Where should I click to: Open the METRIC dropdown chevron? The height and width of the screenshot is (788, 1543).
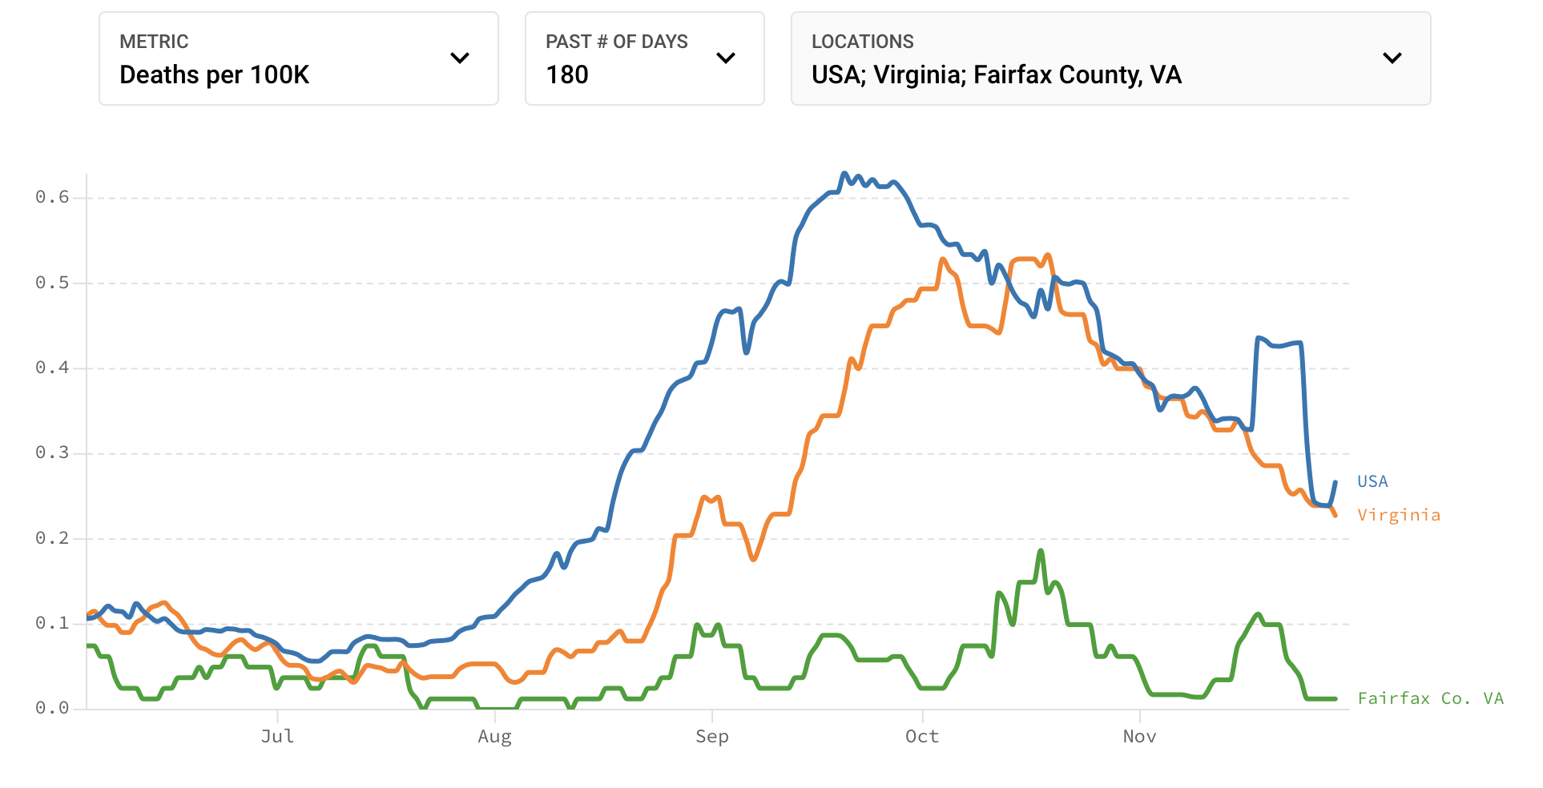pyautogui.click(x=459, y=58)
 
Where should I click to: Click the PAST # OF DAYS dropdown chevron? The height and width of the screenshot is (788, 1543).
pyautogui.click(x=725, y=58)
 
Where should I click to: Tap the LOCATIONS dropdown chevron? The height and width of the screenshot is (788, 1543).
pyautogui.click(x=1392, y=58)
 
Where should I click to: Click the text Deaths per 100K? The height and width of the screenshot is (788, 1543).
pyautogui.click(x=214, y=74)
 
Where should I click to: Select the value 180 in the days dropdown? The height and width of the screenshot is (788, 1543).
pyautogui.click(x=567, y=74)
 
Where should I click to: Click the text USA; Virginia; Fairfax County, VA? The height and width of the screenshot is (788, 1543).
pyautogui.click(x=996, y=74)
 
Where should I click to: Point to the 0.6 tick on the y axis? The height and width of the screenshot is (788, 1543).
pyautogui.click(x=52, y=197)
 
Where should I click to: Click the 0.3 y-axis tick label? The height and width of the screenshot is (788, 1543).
pyautogui.click(x=52, y=453)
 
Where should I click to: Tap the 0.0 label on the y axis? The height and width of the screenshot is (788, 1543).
pyautogui.click(x=52, y=708)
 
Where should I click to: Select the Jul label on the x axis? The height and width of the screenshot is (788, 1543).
pyautogui.click(x=277, y=736)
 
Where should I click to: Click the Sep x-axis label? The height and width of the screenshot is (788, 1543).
pyautogui.click(x=711, y=736)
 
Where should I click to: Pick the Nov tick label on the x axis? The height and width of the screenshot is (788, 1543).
pyautogui.click(x=1139, y=736)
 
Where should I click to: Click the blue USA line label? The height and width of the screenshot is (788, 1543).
pyautogui.click(x=1372, y=481)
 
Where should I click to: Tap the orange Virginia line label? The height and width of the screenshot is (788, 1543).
pyautogui.click(x=1399, y=515)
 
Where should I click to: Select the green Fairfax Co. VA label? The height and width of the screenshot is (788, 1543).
pyautogui.click(x=1430, y=698)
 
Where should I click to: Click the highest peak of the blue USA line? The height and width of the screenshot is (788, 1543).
pyautogui.click(x=844, y=173)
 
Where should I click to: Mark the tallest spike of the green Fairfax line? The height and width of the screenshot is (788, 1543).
pyautogui.click(x=1041, y=551)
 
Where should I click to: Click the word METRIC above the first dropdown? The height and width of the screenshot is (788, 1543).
pyautogui.click(x=154, y=42)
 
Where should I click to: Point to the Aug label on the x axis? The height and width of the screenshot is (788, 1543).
pyautogui.click(x=494, y=736)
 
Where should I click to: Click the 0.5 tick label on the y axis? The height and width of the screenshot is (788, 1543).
pyautogui.click(x=52, y=283)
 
